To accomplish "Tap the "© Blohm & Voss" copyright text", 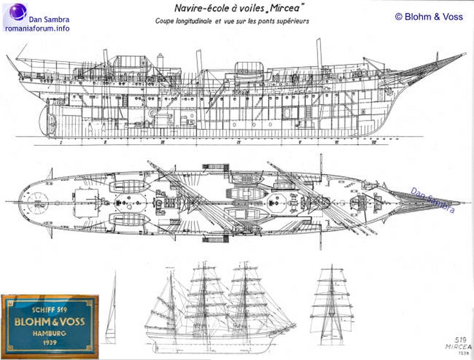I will click(429, 17).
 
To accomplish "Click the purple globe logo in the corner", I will click(18, 12).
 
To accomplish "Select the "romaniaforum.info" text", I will click(38, 28).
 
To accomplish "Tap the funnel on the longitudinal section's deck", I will click(161, 60).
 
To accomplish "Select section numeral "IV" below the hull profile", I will click(238, 142).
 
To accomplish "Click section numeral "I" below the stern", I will click(59, 142).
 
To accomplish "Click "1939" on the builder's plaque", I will click(50, 344).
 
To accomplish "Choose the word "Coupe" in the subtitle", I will click(166, 21).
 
